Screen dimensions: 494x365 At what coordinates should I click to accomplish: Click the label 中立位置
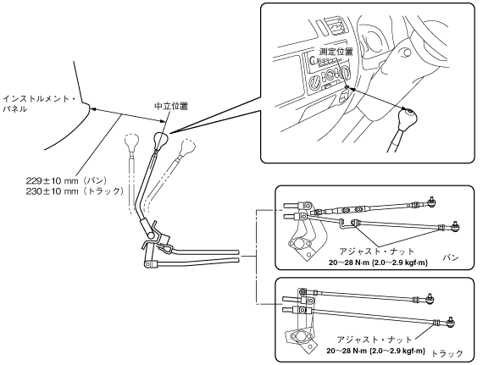coord(171,106)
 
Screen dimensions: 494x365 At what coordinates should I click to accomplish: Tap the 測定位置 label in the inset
coord(336,52)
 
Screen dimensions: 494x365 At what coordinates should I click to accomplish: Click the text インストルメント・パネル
coord(39,104)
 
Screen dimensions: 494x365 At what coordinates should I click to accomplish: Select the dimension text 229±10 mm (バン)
coord(67,180)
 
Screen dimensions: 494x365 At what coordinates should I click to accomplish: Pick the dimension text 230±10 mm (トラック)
coord(75,191)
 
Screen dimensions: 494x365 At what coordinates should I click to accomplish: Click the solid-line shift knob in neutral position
coord(161,140)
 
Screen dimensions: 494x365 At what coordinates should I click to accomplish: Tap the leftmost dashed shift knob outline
coord(131,141)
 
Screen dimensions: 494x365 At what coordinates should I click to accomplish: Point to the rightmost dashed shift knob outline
coord(187,147)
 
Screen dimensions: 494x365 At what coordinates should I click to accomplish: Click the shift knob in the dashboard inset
coord(407,119)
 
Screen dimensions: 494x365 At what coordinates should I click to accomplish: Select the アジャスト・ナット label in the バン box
coord(376,252)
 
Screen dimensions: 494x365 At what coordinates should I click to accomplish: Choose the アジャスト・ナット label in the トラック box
coord(375,340)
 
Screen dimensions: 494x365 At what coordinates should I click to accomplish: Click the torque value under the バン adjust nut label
coord(378,263)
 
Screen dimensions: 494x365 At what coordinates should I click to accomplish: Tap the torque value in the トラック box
coord(375,351)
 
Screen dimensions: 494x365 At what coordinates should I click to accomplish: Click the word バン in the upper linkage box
coord(451,257)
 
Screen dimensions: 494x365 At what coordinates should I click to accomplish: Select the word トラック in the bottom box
coord(447,354)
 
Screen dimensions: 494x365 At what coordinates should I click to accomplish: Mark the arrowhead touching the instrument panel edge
coord(92,109)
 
